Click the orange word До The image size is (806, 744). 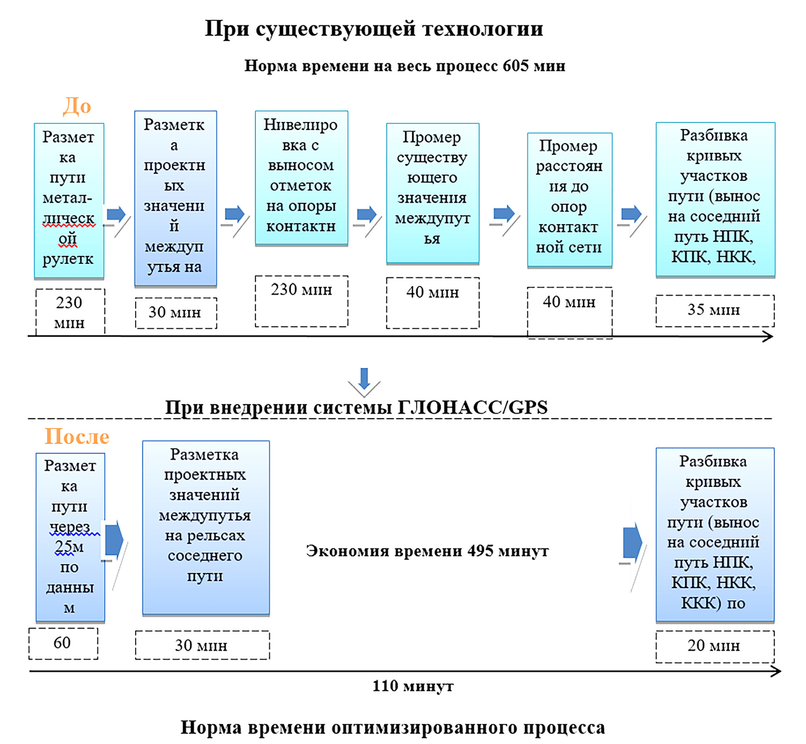[x=77, y=106]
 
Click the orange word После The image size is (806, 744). [x=77, y=437]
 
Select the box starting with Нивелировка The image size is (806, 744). [x=301, y=177]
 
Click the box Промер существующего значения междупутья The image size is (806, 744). [x=432, y=192]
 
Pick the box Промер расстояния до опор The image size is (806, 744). [x=569, y=200]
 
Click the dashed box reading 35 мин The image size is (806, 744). [x=714, y=310]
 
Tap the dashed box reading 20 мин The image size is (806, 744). [x=714, y=646]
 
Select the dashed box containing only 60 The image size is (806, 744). [x=63, y=643]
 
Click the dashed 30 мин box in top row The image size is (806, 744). [x=175, y=313]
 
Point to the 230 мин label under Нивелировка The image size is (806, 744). [x=301, y=290]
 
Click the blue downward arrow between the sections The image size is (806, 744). [x=364, y=378]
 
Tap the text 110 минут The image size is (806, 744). [x=412, y=686]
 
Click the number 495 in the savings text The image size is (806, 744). [x=480, y=551]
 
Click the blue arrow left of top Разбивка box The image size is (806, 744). [x=631, y=215]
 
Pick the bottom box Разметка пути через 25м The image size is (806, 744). [x=70, y=537]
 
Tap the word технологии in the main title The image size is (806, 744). [x=482, y=29]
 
